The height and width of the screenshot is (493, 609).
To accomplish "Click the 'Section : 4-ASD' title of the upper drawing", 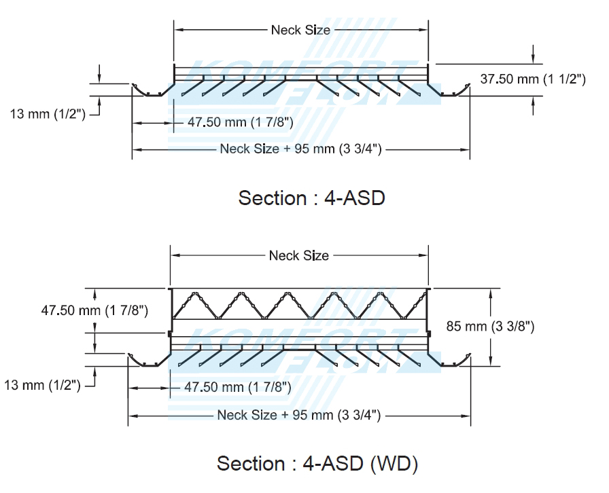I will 311,198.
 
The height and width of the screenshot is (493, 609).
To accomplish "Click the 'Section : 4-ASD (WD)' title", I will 317,463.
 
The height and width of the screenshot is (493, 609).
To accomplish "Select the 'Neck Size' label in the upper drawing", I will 300,30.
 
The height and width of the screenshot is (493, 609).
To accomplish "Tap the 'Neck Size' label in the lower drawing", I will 298,255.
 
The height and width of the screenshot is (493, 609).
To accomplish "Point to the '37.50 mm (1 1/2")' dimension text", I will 533,79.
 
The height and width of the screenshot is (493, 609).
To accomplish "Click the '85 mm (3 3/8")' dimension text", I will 489,326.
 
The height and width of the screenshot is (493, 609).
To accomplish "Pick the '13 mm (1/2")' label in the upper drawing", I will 47,114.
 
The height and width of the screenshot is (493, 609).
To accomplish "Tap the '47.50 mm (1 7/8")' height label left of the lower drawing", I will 94,311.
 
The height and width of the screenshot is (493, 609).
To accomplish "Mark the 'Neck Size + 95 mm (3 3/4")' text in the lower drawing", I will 298,414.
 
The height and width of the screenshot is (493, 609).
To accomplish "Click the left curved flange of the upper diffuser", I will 146,90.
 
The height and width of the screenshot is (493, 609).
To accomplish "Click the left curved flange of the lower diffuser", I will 143,359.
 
